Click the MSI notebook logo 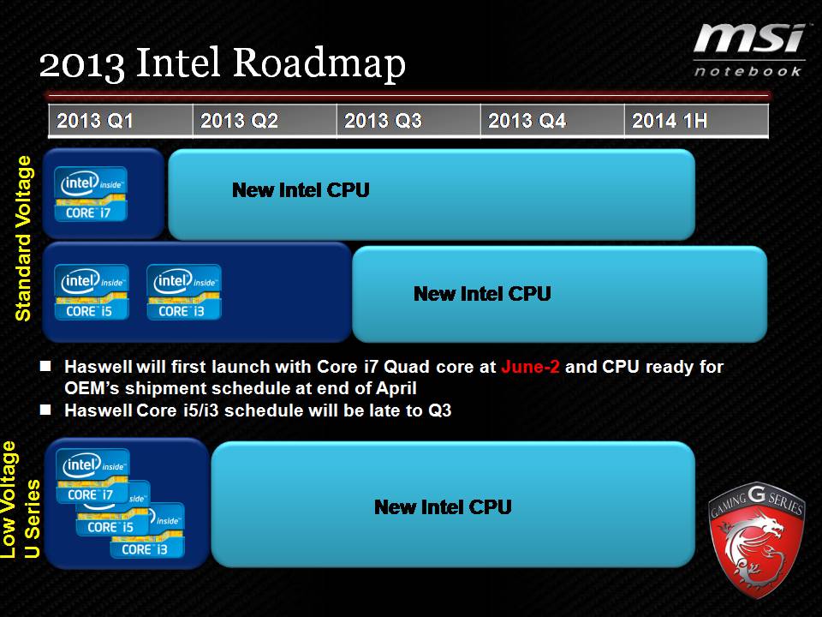tap(748, 51)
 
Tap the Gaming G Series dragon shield tap(756, 541)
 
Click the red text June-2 tap(530, 367)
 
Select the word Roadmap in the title tap(319, 63)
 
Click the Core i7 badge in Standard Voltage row tap(91, 194)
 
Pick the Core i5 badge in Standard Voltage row tap(92, 292)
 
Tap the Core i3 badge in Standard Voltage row tap(184, 292)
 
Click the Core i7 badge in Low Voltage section tap(92, 476)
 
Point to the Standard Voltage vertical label tap(24, 239)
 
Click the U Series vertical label tap(32, 518)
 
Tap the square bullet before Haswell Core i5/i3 tap(45, 410)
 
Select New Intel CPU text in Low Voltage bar tap(443, 507)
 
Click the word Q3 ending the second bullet tap(440, 410)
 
